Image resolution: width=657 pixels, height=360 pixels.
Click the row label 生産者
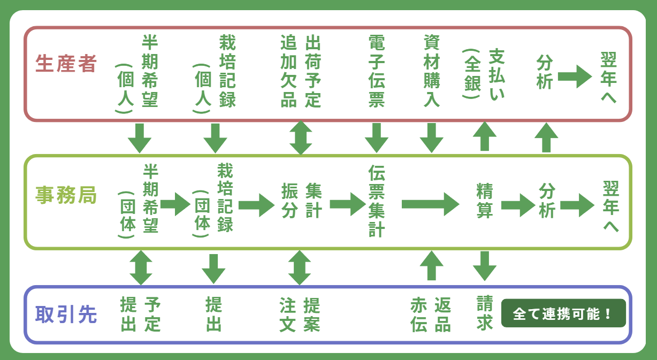(66, 64)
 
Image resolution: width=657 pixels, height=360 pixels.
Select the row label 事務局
(66, 195)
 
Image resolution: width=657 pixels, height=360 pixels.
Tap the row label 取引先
(66, 315)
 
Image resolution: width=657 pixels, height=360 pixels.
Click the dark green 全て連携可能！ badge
(563, 313)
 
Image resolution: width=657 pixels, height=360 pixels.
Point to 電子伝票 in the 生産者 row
(377, 71)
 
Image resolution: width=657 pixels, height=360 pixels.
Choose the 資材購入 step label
(431, 71)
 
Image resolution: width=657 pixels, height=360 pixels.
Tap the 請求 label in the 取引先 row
(485, 314)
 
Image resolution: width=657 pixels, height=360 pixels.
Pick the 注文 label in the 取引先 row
(287, 315)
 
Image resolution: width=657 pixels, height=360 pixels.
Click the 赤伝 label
(419, 315)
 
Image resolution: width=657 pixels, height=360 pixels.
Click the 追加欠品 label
(289, 71)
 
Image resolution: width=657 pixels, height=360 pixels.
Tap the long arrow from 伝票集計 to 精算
(430, 204)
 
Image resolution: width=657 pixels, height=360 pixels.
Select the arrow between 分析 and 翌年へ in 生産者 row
(575, 76)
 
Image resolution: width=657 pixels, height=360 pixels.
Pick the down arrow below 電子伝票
(377, 138)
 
